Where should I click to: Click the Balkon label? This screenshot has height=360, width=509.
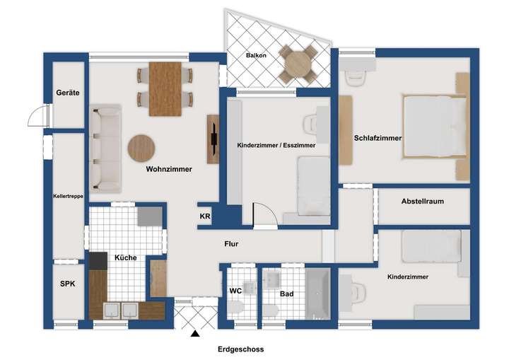click(256, 54)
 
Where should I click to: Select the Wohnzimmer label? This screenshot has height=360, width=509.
click(169, 169)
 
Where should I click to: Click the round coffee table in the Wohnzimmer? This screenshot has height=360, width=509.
click(141, 149)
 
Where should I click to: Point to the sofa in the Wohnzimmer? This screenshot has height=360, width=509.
click(106, 149)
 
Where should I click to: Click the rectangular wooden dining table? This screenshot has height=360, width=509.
click(165, 88)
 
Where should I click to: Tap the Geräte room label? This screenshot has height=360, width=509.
click(69, 93)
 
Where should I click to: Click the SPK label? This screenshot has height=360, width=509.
click(67, 284)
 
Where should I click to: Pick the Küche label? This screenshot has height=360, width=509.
click(125, 258)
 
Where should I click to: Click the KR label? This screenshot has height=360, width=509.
click(205, 216)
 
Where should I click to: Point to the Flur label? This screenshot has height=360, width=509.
click(231, 244)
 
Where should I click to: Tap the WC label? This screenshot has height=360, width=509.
click(235, 291)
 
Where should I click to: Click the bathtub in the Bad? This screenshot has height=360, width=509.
click(317, 294)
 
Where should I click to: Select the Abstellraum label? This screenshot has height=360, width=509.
click(422, 202)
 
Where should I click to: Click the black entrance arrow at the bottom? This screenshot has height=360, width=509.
click(195, 333)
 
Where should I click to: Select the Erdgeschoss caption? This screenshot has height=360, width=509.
click(240, 349)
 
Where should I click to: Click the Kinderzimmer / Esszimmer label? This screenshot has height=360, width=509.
click(276, 145)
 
